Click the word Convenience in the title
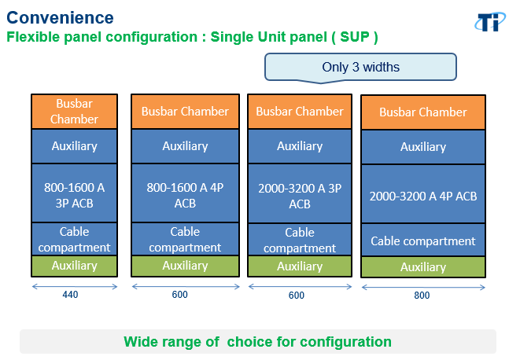(x=60, y=17)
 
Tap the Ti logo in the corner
(x=490, y=22)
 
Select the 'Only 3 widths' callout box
(x=360, y=67)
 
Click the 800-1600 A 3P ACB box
(x=74, y=193)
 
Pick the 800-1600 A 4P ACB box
(x=185, y=193)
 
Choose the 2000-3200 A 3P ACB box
(x=300, y=193)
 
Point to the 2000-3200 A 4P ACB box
(x=423, y=194)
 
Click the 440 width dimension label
(x=70, y=295)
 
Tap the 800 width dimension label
(x=422, y=295)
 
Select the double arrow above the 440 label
(x=74, y=286)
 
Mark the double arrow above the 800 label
(x=423, y=288)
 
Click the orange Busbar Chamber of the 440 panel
(x=74, y=112)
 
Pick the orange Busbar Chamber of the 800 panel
(x=423, y=112)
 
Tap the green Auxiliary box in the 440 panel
(x=74, y=266)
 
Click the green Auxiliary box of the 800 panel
(x=423, y=267)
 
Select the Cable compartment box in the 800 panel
(x=423, y=241)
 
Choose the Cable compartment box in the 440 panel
(x=74, y=239)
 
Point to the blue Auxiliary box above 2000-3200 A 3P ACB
(x=300, y=146)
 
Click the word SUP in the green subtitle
(x=355, y=37)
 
